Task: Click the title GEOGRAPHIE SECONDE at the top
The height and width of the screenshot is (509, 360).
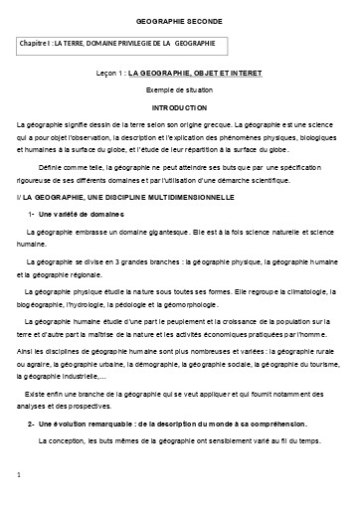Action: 179,21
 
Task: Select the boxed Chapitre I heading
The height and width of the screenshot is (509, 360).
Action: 115,46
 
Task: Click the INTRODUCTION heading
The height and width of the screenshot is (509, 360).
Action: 179,105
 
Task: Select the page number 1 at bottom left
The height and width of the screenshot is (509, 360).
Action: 19,477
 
